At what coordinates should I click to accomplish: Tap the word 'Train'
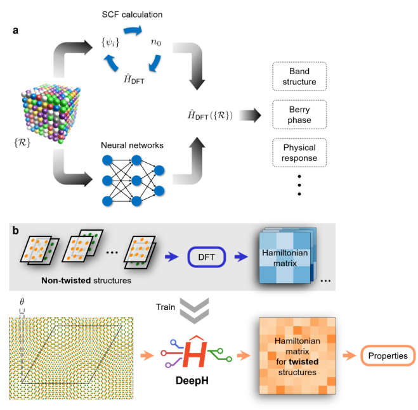[x=166, y=307]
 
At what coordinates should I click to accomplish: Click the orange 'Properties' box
[x=386, y=356]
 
